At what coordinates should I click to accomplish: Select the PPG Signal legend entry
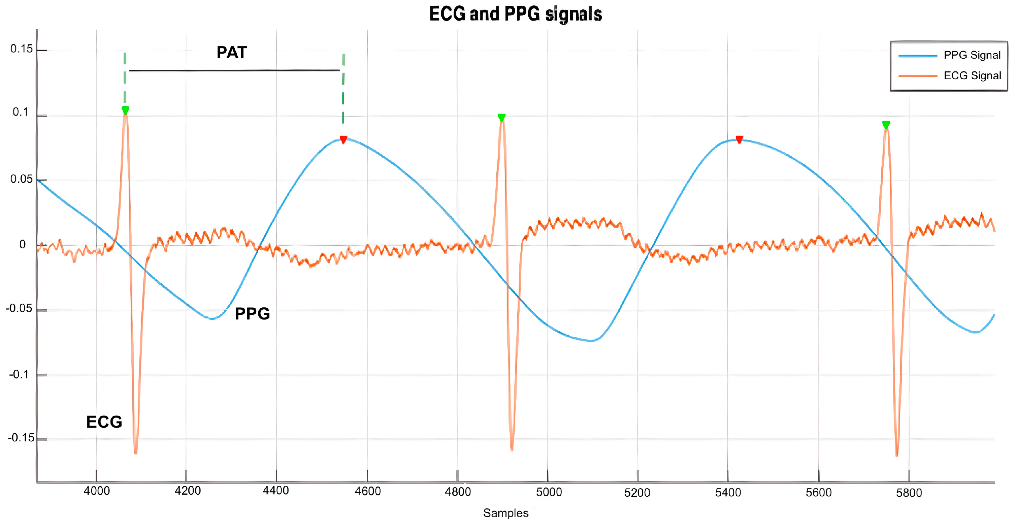pyautogui.click(x=972, y=55)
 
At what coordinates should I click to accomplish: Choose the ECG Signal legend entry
pyautogui.click(x=972, y=75)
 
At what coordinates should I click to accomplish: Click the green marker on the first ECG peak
pyautogui.click(x=125, y=110)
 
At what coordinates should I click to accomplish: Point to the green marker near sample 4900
pyautogui.click(x=501, y=117)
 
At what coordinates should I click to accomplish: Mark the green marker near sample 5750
pyautogui.click(x=886, y=125)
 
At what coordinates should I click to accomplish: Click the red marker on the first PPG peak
pyautogui.click(x=343, y=139)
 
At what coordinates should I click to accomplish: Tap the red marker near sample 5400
pyautogui.click(x=739, y=139)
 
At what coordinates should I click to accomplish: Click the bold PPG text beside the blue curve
pyautogui.click(x=252, y=314)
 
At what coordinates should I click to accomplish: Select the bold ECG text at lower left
pyautogui.click(x=104, y=422)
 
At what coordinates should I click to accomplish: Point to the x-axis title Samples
pyautogui.click(x=505, y=513)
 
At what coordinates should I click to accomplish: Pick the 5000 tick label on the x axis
pyautogui.click(x=549, y=492)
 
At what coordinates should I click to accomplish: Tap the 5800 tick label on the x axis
pyautogui.click(x=909, y=493)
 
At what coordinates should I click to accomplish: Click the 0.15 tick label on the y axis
pyautogui.click(x=22, y=49)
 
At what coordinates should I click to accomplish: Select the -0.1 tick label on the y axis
pyautogui.click(x=19, y=374)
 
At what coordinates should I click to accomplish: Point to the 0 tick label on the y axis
pyautogui.click(x=23, y=245)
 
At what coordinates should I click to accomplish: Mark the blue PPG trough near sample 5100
pyautogui.click(x=591, y=341)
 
